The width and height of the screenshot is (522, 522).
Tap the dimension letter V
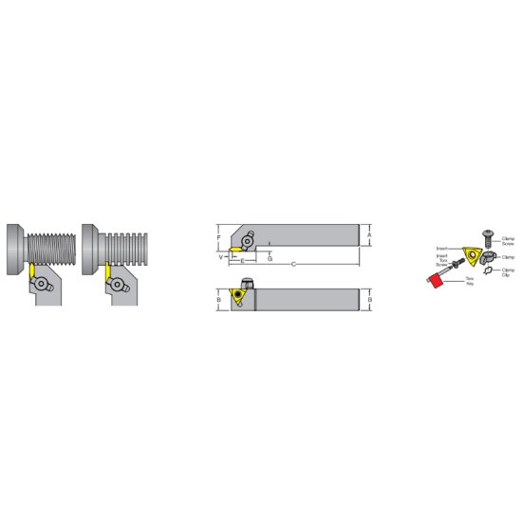(x=221, y=256)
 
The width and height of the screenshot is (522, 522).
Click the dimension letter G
(x=270, y=257)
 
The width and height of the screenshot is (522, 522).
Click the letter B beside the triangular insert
(x=220, y=299)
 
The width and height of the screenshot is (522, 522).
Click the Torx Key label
(x=466, y=283)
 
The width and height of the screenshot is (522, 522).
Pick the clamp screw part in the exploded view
(x=487, y=231)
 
